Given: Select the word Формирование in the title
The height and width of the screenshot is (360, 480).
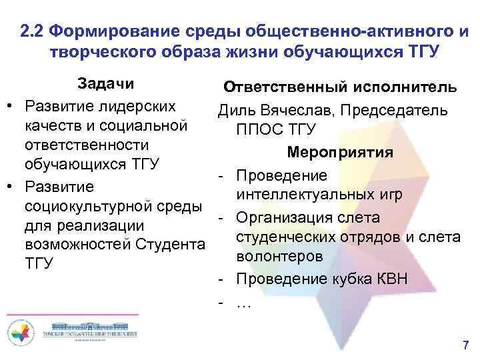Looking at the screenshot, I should point(116,31).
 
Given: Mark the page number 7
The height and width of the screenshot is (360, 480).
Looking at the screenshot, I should point(465,345).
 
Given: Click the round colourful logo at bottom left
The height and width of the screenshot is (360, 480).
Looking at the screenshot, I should point(20,332).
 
